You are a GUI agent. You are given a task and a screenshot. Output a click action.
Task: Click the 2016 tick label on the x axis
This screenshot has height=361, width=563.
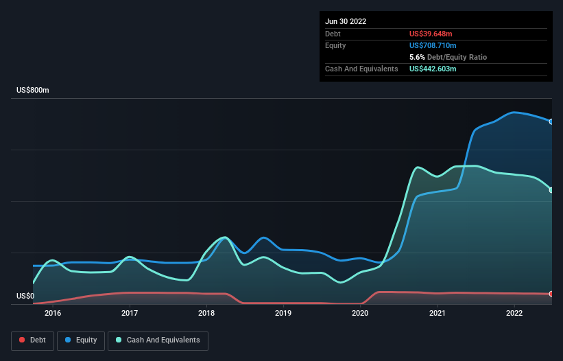(53, 313)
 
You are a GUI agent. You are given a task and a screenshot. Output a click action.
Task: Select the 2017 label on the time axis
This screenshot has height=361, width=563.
(130, 313)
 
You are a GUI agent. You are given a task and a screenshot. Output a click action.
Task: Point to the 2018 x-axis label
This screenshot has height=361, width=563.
(206, 313)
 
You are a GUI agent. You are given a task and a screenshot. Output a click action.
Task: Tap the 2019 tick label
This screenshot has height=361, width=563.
(283, 313)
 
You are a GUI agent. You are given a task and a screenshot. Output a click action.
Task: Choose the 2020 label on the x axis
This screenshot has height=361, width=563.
(360, 313)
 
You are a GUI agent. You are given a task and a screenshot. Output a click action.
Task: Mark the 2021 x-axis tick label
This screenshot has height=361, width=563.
(438, 313)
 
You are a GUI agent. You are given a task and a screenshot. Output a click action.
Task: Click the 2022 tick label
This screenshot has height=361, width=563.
(514, 313)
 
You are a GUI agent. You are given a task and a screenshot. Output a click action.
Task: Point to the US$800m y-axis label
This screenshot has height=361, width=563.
(33, 90)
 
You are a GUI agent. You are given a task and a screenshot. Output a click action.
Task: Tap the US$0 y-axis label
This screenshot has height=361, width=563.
(25, 296)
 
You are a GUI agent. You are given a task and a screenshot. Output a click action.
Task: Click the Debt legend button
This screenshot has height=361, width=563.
(32, 340)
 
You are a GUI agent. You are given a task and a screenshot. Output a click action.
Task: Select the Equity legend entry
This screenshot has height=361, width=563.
(81, 340)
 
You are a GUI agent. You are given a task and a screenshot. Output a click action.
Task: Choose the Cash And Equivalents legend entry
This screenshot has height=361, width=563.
(158, 340)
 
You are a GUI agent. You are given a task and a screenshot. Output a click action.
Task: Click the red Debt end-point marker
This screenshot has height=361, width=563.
(551, 294)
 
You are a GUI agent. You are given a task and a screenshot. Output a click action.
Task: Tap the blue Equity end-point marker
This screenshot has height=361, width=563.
(551, 121)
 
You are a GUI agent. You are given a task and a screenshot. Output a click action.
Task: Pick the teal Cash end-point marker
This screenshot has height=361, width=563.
(551, 190)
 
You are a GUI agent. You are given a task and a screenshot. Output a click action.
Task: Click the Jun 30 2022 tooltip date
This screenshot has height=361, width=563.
(346, 21)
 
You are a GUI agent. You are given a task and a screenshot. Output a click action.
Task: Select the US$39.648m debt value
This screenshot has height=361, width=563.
(431, 34)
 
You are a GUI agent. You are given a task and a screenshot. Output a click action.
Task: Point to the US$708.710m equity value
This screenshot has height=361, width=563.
(433, 45)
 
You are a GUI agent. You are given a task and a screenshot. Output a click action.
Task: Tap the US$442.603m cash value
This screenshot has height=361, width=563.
(433, 69)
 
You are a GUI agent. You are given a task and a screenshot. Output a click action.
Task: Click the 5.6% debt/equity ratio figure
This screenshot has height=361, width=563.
(417, 57)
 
